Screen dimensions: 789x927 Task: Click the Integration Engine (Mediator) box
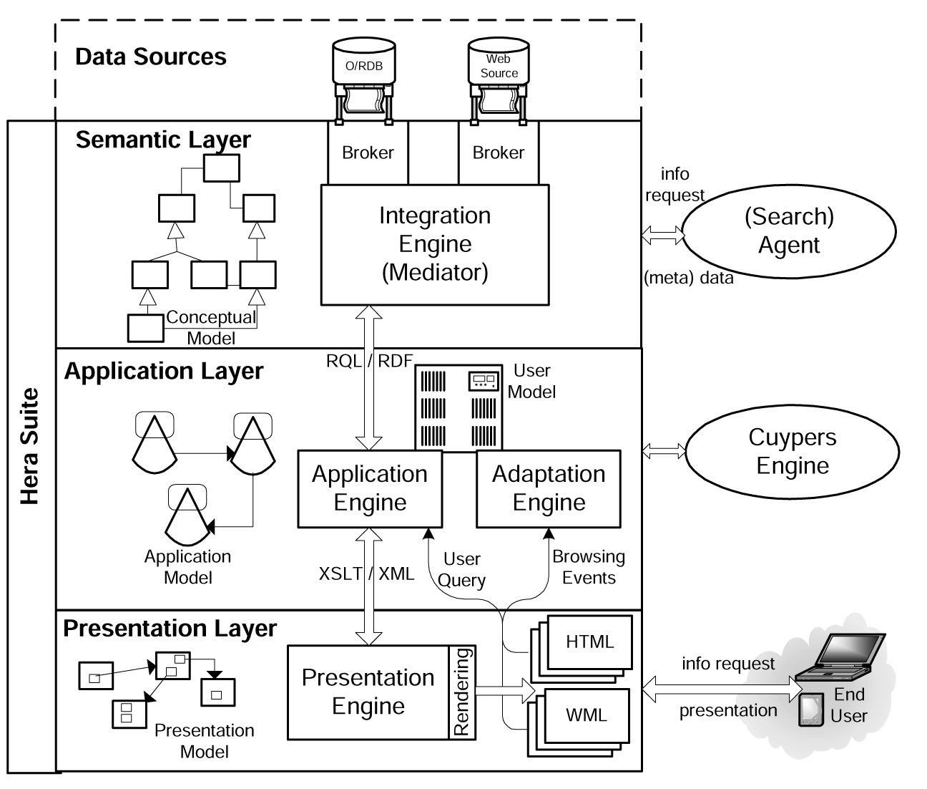(x=434, y=244)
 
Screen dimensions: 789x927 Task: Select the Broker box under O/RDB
(x=368, y=153)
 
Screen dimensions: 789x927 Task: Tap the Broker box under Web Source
(x=498, y=153)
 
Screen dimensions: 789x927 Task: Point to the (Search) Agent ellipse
(x=788, y=231)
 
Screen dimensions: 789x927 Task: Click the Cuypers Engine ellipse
(x=792, y=451)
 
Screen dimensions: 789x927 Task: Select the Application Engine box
(x=370, y=488)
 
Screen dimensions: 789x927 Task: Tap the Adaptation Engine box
(x=549, y=488)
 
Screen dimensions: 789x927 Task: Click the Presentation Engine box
(x=368, y=692)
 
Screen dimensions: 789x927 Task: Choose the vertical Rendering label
(x=462, y=692)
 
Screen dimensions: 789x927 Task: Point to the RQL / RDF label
(x=370, y=360)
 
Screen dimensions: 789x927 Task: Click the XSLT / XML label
(x=366, y=573)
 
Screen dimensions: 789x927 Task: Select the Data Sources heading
(x=151, y=57)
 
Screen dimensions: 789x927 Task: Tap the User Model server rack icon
(x=458, y=408)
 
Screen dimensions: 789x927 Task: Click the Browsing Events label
(x=588, y=567)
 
